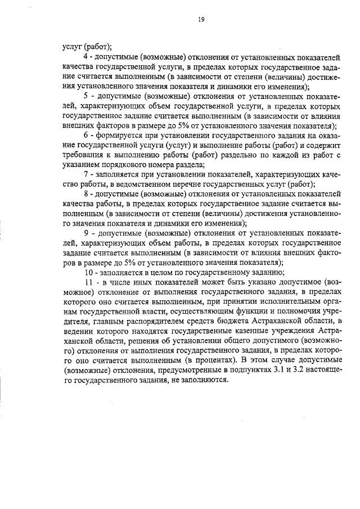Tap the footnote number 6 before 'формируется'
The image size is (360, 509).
click(x=85, y=136)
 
